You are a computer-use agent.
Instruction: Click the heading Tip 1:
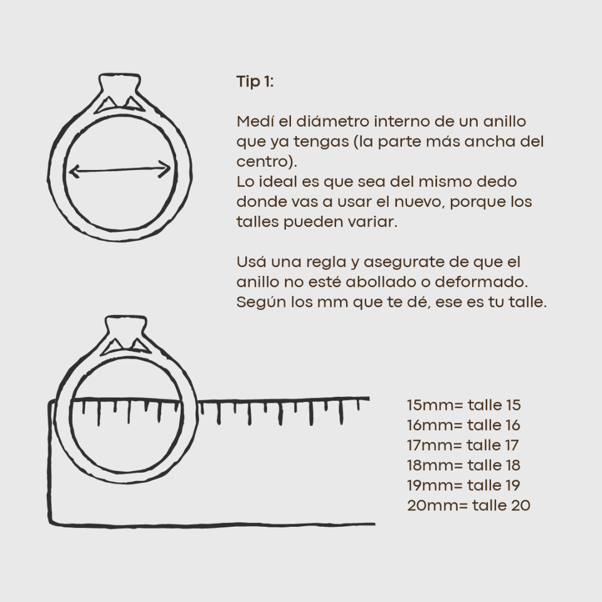[x=255, y=82]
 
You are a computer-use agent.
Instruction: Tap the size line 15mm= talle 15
[x=464, y=405]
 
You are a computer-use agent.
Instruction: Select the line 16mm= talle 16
[x=464, y=425]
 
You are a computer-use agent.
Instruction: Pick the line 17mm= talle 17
[x=463, y=445]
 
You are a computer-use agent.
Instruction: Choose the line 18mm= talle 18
[x=464, y=465]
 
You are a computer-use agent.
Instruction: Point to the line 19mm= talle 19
[x=464, y=485]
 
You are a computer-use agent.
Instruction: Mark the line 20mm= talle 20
[x=469, y=505]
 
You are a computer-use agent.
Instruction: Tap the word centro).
[x=267, y=162]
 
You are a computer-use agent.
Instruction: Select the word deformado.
[x=482, y=282]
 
